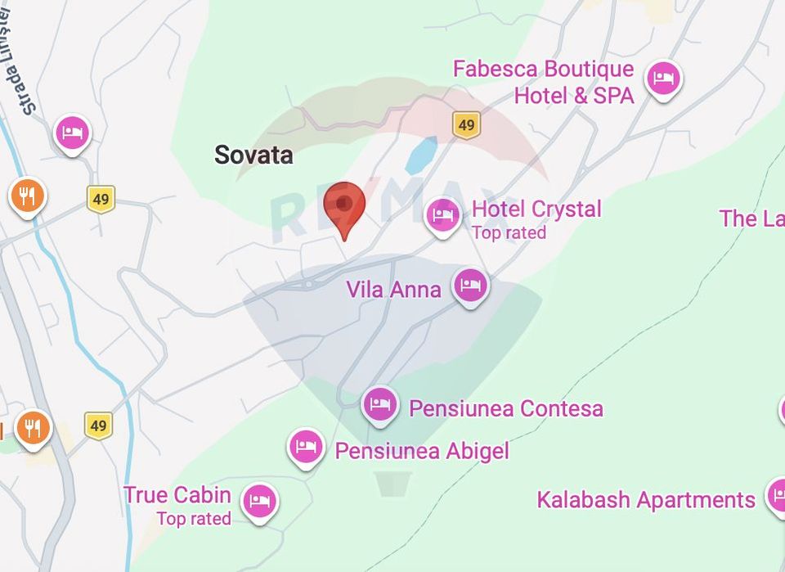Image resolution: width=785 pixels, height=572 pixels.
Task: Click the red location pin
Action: pos(344,205)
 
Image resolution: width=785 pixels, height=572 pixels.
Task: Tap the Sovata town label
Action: pos(253,155)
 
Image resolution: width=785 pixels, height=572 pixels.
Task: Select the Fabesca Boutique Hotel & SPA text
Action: pos(544,82)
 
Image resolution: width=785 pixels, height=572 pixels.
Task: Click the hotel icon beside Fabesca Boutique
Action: pos(663,79)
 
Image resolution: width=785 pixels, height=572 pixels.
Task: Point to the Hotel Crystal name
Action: pos(536,209)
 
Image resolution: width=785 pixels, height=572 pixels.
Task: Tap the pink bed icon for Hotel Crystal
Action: pos(443,214)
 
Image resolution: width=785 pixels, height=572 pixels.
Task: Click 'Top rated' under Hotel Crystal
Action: pos(509,233)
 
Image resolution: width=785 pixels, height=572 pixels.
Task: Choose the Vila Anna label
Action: pos(393,289)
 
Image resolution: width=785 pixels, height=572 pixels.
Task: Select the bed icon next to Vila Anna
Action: pos(470,286)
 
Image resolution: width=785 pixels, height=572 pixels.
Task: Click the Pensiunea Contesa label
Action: pos(506,408)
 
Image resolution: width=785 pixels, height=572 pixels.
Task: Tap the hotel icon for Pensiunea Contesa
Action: pos(380,403)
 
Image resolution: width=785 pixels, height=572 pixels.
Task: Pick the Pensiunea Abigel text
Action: pos(422,451)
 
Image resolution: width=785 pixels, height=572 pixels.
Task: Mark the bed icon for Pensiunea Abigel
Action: pos(306,446)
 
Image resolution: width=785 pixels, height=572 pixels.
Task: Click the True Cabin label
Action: pos(177,495)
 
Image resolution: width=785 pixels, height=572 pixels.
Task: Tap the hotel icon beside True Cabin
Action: pos(260,500)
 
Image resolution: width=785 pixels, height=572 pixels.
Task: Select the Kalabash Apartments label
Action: pos(646,500)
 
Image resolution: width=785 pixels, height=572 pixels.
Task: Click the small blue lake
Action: pos(421,154)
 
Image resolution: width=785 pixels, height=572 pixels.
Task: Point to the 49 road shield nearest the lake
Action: pos(466,125)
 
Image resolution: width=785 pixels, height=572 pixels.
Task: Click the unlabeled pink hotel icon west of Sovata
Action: pos(73,132)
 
